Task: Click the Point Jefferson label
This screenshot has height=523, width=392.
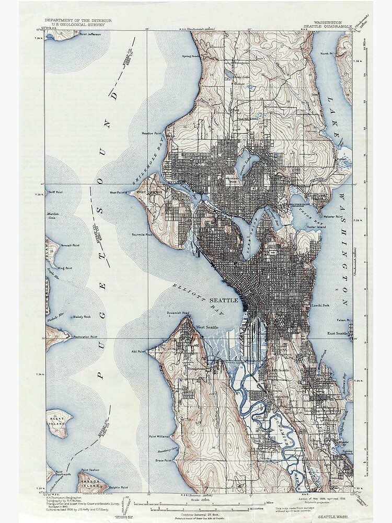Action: point(89,35)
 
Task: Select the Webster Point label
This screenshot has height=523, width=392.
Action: point(332,217)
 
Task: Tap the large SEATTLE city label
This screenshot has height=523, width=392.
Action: point(224,301)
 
